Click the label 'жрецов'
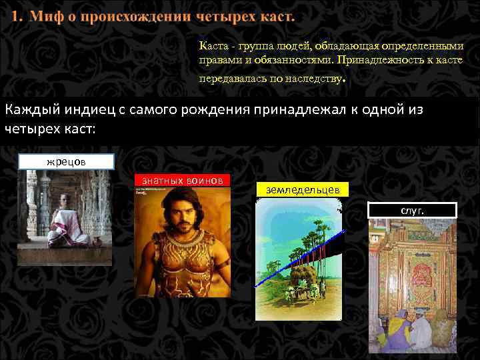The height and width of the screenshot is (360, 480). tap(66, 161)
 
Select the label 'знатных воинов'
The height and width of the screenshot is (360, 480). tap(182, 179)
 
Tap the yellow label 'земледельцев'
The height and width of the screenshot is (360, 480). tap(302, 190)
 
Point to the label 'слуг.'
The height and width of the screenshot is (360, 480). tap(412, 211)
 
